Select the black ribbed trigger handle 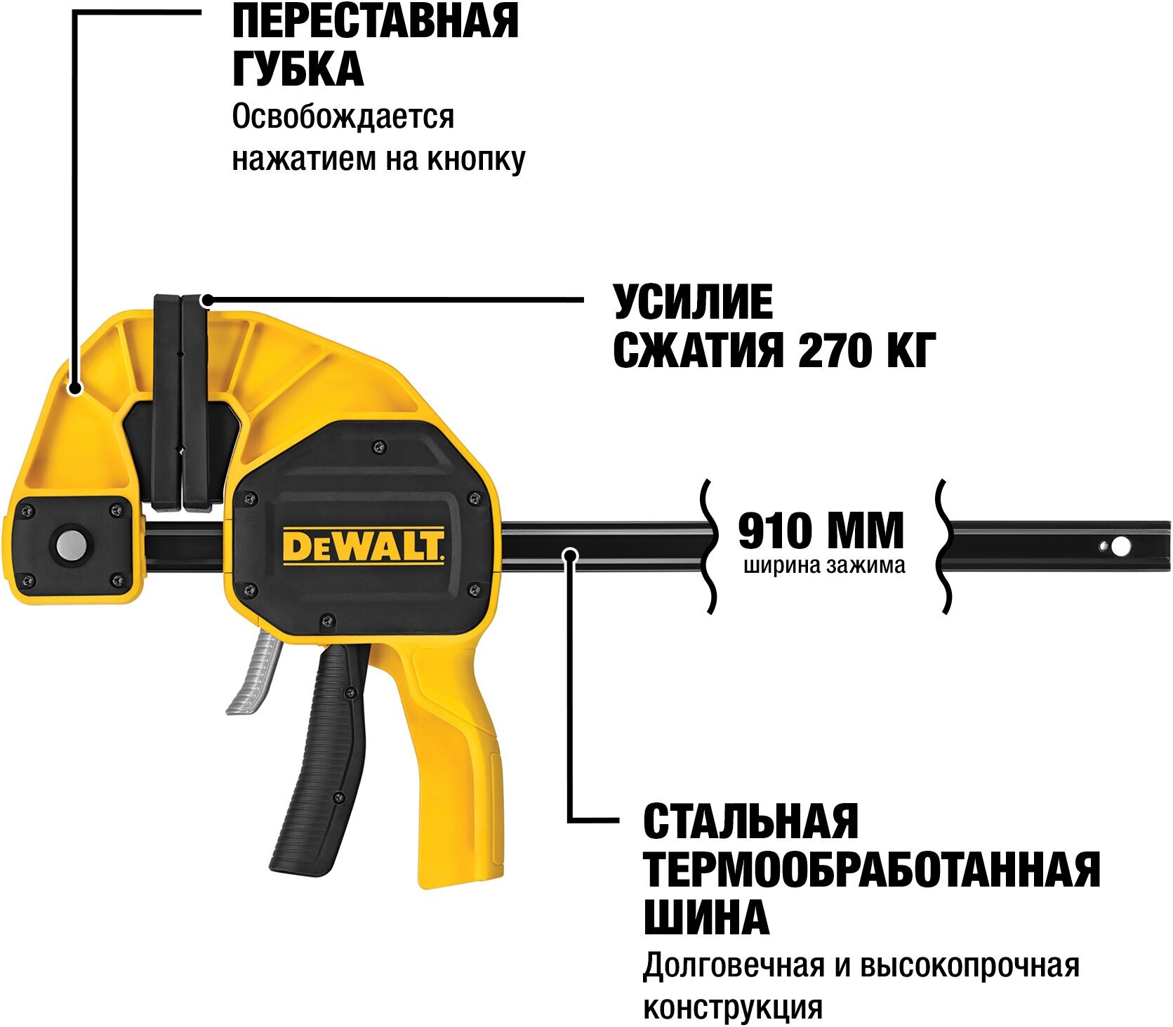click(331, 758)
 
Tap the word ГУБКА click(298, 69)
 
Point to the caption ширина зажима click(824, 566)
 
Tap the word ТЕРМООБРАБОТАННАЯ click(871, 869)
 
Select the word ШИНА click(706, 917)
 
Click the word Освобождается click(343, 117)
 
